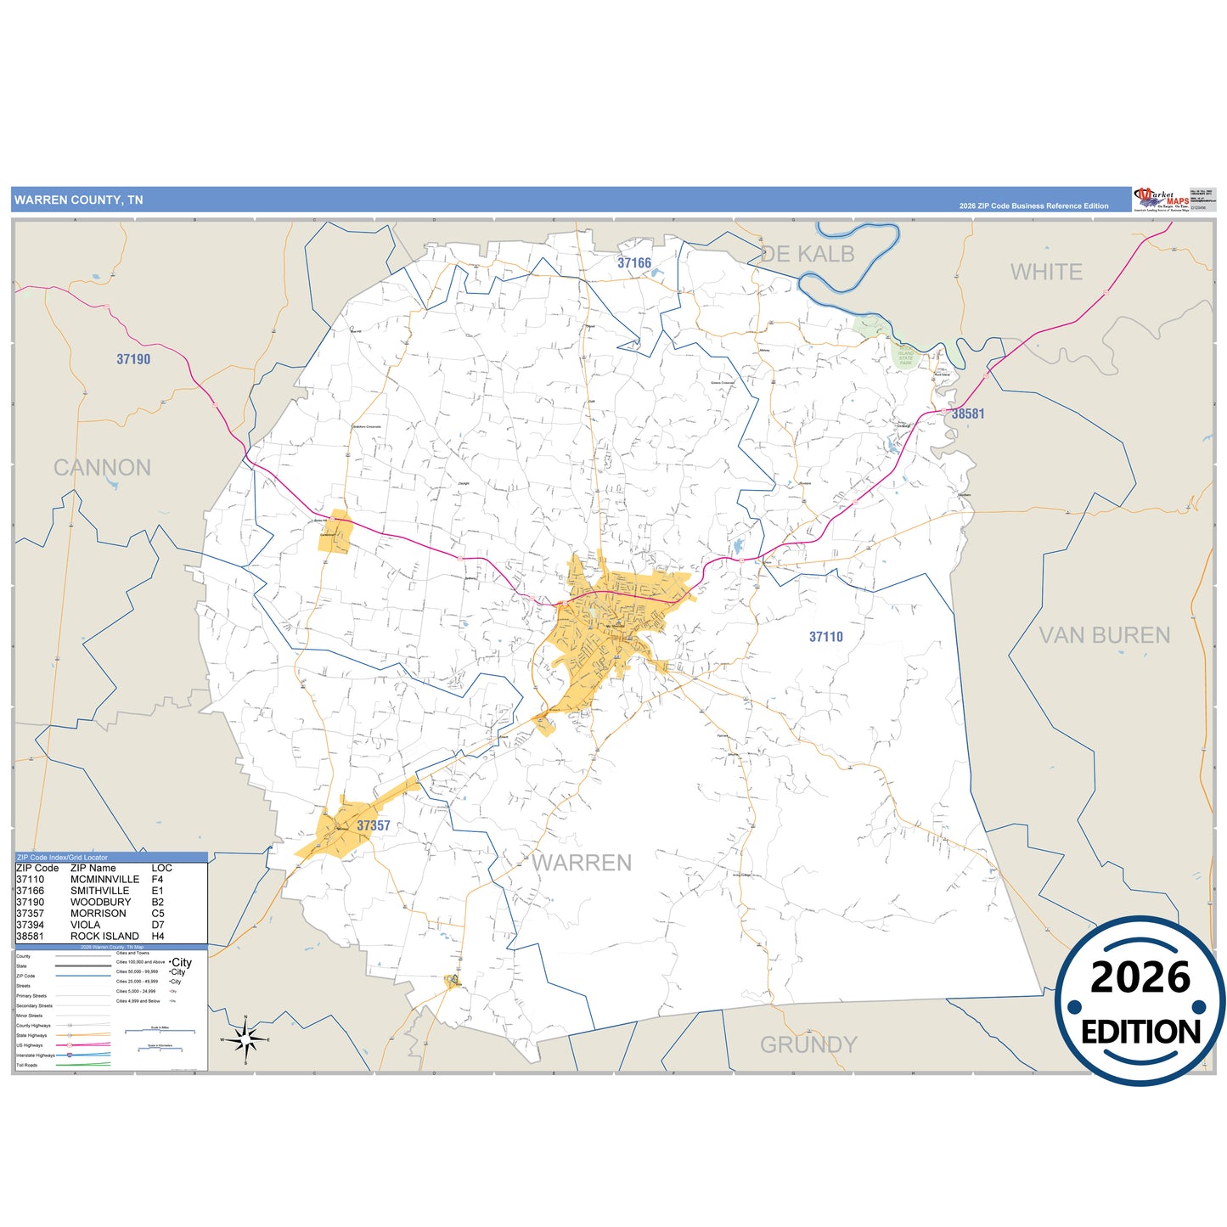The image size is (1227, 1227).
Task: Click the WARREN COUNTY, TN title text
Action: tap(78, 200)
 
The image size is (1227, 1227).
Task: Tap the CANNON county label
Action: tap(102, 468)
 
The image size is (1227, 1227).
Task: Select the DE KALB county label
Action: tap(808, 254)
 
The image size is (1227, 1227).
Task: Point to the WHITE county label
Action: tap(1046, 273)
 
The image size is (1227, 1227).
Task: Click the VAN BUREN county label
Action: tap(1104, 635)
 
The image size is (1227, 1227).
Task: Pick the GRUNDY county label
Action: tap(808, 1044)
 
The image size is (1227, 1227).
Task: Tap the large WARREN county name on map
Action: tap(583, 863)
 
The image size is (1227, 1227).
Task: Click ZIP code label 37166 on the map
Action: tap(634, 263)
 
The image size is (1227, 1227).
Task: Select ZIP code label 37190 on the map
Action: tap(133, 359)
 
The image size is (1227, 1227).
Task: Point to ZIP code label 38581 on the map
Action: tap(968, 414)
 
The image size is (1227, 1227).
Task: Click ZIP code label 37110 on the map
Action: tap(825, 637)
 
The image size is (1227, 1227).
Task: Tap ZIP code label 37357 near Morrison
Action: tap(374, 825)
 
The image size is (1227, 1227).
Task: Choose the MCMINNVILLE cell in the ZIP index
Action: tap(104, 880)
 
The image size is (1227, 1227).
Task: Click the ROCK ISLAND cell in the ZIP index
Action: tap(104, 936)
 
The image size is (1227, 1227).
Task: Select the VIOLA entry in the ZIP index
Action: tap(85, 925)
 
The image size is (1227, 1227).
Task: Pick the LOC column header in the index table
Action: tap(161, 868)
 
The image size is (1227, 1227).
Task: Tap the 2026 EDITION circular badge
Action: tap(1140, 1002)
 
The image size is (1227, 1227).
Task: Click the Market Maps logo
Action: tap(1162, 200)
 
